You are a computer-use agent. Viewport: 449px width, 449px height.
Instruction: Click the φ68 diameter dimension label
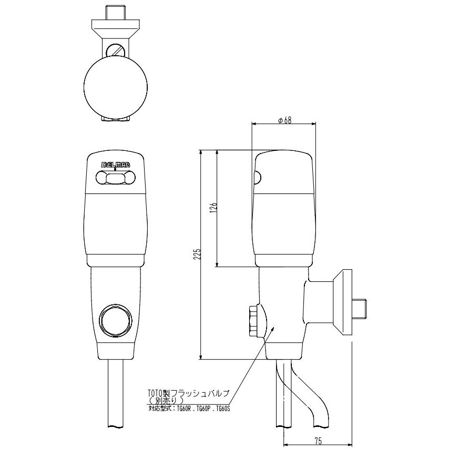(x=284, y=120)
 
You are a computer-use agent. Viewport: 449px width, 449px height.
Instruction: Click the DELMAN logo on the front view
(x=116, y=165)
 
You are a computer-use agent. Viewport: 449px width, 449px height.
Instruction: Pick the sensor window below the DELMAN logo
(x=115, y=178)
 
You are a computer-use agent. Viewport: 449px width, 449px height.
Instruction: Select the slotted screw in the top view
(x=116, y=52)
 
